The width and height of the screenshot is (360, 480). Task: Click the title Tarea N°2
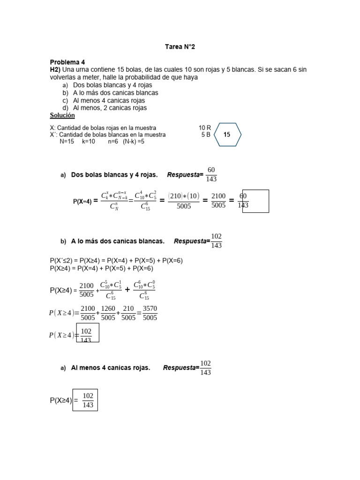tap(180, 47)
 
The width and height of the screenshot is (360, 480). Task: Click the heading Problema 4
tap(67, 62)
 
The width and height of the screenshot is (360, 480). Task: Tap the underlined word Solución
tap(62, 115)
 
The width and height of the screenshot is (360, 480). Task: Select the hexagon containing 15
tap(227, 135)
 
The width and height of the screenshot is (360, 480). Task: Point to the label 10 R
tap(205, 127)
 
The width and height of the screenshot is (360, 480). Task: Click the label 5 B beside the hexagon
tap(206, 135)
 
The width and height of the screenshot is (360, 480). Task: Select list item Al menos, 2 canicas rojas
tap(110, 108)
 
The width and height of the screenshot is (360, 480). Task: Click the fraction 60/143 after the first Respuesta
tap(211, 174)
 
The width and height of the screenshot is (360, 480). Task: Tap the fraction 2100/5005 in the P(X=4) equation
tap(218, 201)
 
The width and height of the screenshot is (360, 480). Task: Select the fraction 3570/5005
tap(150, 313)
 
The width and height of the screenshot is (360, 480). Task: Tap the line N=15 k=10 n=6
tap(102, 142)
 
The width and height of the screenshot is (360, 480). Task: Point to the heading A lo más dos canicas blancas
tap(118, 241)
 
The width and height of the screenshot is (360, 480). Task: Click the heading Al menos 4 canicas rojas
tap(111, 368)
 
